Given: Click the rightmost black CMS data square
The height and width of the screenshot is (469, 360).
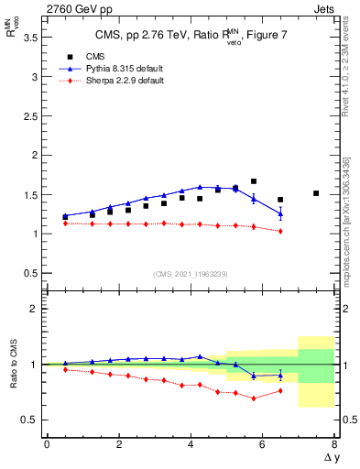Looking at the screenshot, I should [316, 193].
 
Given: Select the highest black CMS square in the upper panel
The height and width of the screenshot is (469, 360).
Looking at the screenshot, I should [254, 181].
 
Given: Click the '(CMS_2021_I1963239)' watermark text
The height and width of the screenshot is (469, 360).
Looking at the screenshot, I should [191, 274].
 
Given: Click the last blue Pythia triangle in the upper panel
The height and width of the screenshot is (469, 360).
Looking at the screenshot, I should [280, 213].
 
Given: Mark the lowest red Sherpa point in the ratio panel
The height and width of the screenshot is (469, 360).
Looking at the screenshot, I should [254, 398].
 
